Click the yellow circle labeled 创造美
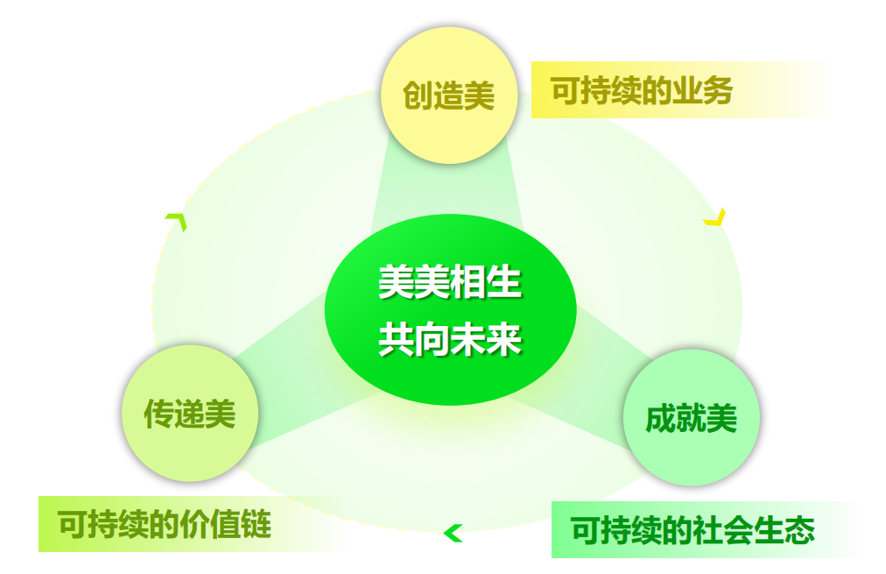pos(449,95)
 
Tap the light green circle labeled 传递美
pos(190,414)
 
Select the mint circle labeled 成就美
pos(692,417)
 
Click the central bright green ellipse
pos(450,309)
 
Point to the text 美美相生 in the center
pos(450,281)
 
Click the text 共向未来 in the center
pos(450,339)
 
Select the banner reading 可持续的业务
pos(681,90)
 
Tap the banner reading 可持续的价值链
pos(192,524)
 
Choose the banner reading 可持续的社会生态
pos(704,530)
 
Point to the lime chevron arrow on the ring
pos(178,222)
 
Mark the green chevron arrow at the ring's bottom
pos(453,534)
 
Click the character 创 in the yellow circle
pos(418,95)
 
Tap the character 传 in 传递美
pos(158,414)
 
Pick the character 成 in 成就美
pos(660,419)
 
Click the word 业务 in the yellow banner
pos(702,90)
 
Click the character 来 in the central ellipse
pos(504,339)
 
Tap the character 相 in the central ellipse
pos(468,281)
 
